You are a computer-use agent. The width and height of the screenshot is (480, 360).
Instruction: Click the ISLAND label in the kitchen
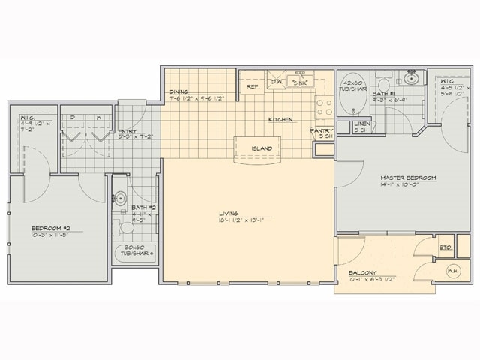(x=262, y=148)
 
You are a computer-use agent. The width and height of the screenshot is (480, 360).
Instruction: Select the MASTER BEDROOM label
(x=408, y=178)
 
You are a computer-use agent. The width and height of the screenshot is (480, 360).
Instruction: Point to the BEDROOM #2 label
(x=50, y=228)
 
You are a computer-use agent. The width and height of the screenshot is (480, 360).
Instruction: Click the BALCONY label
(x=362, y=272)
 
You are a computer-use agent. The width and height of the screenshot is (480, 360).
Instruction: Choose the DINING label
(x=178, y=91)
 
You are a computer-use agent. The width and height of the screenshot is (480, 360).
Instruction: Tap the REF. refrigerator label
(x=253, y=87)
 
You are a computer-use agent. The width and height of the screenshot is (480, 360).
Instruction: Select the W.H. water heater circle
(x=453, y=271)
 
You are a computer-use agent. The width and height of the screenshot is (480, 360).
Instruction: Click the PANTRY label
(x=321, y=130)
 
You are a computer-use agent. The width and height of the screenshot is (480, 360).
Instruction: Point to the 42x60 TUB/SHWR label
(x=352, y=84)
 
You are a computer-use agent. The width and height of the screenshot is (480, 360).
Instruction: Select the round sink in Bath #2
(x=120, y=199)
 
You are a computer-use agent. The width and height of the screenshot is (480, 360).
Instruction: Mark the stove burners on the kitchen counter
(x=323, y=108)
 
